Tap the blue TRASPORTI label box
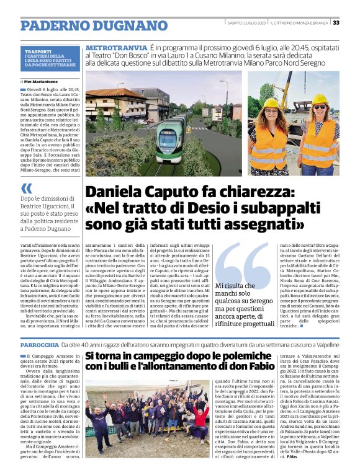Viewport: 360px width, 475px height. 50,59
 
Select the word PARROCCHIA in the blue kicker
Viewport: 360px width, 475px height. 39,344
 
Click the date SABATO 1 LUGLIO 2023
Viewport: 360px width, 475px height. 246,23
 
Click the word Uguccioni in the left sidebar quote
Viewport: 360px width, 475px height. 56,206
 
